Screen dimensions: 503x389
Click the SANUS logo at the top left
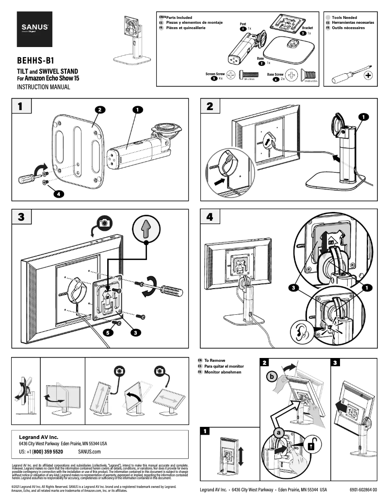[x=34, y=28]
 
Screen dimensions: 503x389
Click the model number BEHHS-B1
[x=35, y=62]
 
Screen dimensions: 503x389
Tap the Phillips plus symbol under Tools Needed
[x=368, y=76]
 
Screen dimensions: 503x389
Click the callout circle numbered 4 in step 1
[x=57, y=194]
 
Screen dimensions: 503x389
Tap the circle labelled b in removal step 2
[x=272, y=376]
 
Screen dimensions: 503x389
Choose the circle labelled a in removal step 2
[x=279, y=431]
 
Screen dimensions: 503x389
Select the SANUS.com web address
[x=89, y=451]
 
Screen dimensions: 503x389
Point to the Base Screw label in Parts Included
[x=277, y=75]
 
